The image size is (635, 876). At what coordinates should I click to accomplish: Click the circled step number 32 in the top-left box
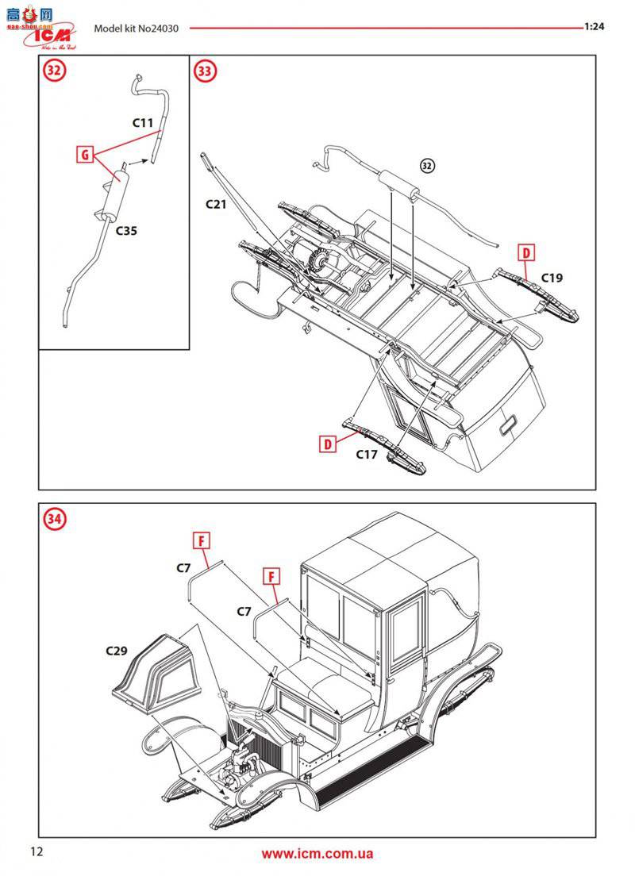(54, 71)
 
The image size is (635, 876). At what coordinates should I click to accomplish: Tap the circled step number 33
(206, 71)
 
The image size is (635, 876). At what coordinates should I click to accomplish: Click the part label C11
(143, 123)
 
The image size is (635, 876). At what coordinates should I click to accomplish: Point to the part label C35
(126, 232)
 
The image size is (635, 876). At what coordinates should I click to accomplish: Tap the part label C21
(217, 204)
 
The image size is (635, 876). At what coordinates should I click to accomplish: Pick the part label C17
(367, 455)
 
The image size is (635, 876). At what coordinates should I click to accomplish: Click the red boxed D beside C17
(329, 444)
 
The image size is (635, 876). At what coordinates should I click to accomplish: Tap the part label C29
(116, 651)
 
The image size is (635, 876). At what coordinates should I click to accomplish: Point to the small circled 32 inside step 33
(427, 166)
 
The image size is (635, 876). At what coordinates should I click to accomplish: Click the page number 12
(36, 851)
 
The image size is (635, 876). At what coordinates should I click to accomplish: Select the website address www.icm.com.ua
(317, 854)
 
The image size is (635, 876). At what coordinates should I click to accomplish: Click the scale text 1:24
(595, 26)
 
